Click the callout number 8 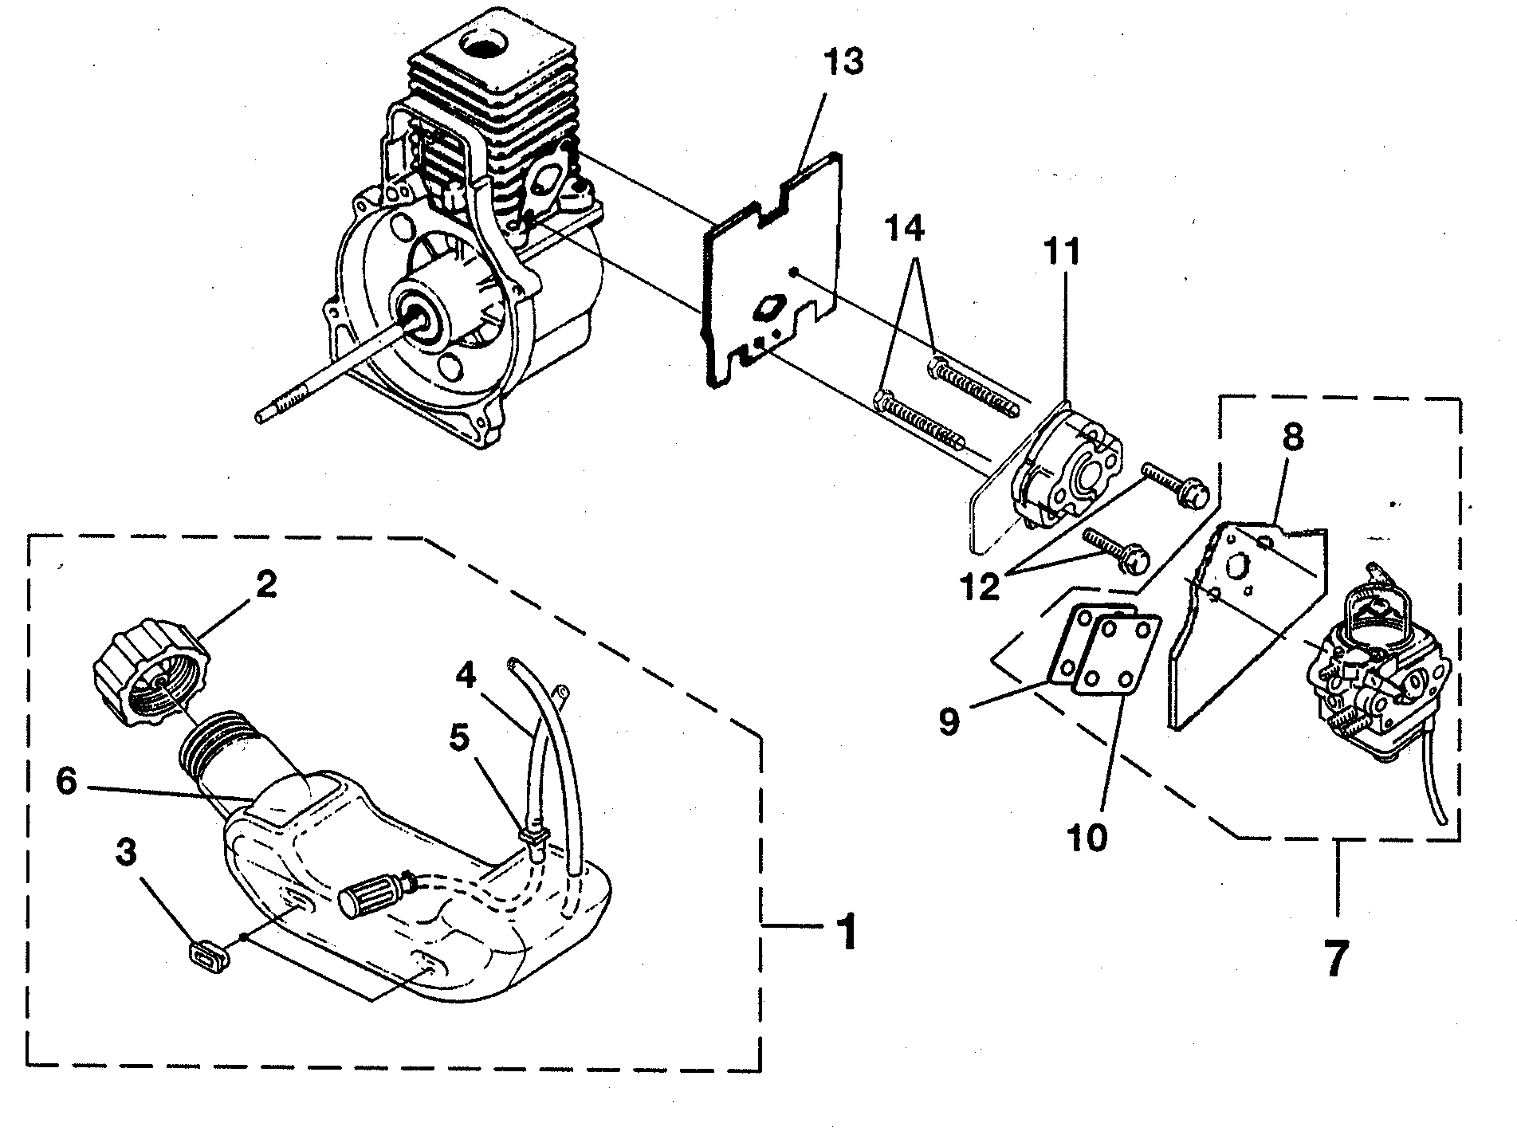point(1292,438)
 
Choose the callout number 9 point(948,721)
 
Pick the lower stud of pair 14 point(921,415)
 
